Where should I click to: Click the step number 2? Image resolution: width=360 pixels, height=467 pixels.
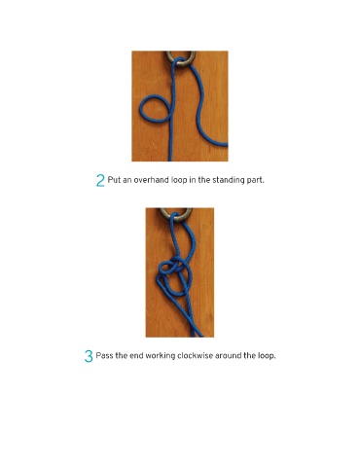click(100, 180)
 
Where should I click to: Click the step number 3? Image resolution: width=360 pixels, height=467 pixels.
click(89, 356)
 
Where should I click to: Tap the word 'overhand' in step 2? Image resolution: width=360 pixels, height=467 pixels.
click(152, 180)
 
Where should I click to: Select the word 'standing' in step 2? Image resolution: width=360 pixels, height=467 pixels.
click(229, 180)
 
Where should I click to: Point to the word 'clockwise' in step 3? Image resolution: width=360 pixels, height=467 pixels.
click(195, 356)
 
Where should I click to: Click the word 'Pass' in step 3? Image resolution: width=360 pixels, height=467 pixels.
click(104, 356)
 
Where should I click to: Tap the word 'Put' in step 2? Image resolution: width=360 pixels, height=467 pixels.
click(114, 180)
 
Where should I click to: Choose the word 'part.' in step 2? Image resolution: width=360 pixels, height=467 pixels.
click(255, 181)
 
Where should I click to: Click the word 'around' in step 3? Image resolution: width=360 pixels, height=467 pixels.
click(229, 356)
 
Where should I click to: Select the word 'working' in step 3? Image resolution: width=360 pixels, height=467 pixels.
click(161, 356)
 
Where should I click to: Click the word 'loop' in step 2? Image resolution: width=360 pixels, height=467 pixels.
click(179, 180)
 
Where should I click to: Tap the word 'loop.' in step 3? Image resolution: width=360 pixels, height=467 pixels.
click(267, 356)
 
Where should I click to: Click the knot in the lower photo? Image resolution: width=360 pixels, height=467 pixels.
click(174, 274)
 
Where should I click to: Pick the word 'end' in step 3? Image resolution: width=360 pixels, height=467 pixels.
click(136, 356)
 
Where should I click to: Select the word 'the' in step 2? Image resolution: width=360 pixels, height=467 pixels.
click(204, 180)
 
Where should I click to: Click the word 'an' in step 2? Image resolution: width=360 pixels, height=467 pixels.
click(127, 181)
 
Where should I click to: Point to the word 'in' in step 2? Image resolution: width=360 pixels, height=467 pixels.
click(193, 180)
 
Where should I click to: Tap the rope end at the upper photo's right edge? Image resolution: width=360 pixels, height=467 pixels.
click(226, 145)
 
